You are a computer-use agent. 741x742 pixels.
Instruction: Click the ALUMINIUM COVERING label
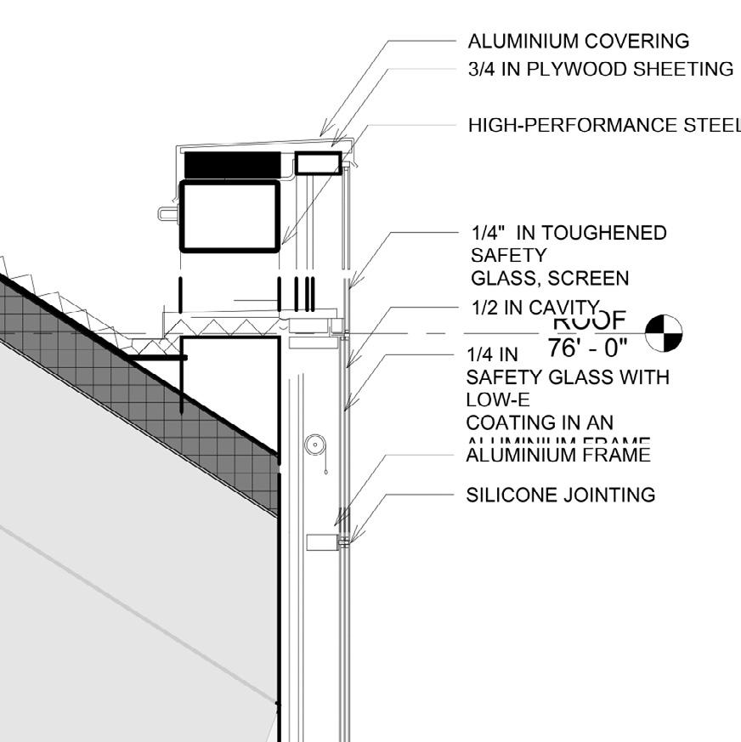(x=579, y=41)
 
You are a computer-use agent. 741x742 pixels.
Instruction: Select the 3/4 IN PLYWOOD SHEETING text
(x=600, y=70)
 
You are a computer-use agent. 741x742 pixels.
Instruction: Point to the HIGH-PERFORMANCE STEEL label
(x=603, y=126)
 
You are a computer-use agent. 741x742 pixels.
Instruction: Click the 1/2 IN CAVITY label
(x=535, y=309)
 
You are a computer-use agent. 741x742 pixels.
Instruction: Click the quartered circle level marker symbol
(x=663, y=332)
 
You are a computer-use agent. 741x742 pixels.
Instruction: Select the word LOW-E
(x=495, y=399)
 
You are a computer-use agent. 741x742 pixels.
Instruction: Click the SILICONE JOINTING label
(x=561, y=495)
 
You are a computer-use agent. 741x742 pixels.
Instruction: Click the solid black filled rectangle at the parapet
(x=232, y=165)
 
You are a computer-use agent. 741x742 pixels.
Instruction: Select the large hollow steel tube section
(x=230, y=216)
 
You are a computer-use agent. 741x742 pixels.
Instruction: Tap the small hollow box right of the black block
(x=317, y=163)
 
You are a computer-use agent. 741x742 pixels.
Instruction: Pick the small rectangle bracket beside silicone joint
(x=321, y=541)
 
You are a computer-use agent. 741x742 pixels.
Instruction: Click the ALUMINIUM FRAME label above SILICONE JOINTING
(x=558, y=456)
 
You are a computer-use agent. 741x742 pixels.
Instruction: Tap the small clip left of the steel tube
(x=167, y=212)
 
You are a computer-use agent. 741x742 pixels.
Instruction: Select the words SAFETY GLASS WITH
(x=568, y=377)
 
